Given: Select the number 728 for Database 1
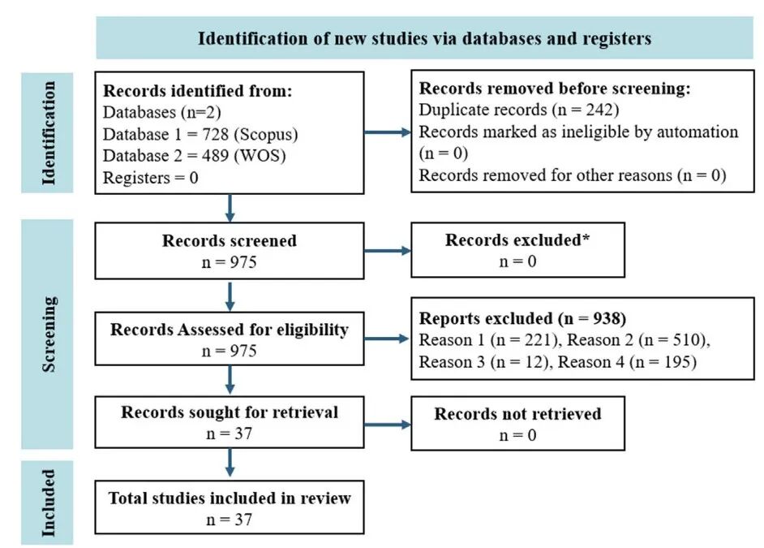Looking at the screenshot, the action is click(x=216, y=134).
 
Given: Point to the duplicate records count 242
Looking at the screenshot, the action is click(x=600, y=110).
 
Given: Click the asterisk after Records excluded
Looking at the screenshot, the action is click(x=586, y=237).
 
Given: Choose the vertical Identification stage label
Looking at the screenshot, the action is click(x=48, y=133).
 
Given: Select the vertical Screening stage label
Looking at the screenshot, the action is click(x=49, y=334).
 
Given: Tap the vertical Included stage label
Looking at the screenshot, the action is click(x=48, y=503).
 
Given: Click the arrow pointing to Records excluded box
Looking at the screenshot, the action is click(x=388, y=251).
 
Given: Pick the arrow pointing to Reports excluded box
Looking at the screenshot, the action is click(x=387, y=339).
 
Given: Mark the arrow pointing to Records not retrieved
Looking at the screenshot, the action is click(x=388, y=425).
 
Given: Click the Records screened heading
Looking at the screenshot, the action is click(x=230, y=240).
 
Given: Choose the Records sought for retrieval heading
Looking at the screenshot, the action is click(x=230, y=412).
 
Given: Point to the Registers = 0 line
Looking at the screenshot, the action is click(x=151, y=178).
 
